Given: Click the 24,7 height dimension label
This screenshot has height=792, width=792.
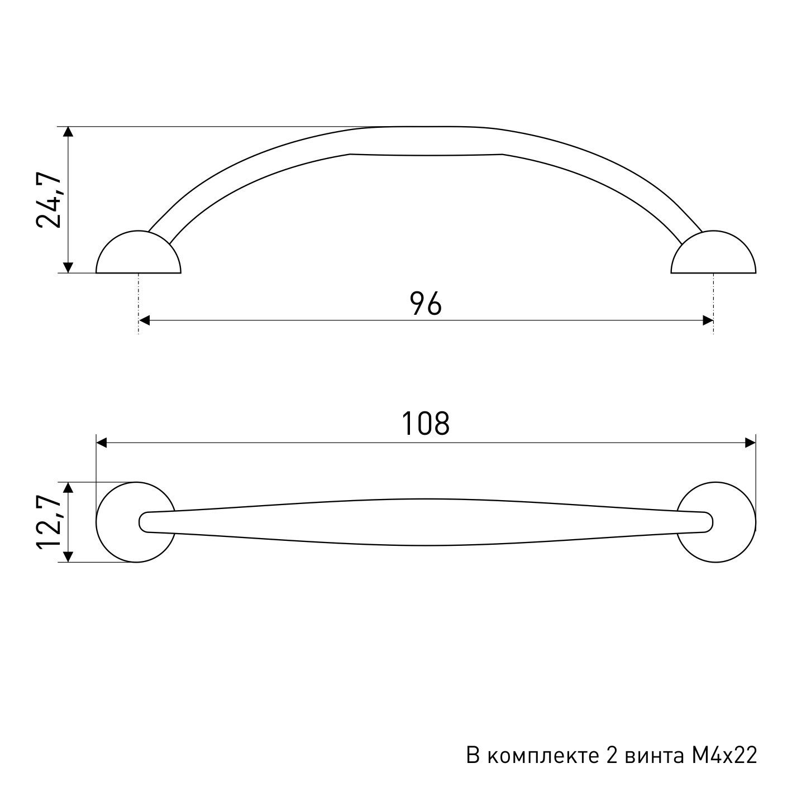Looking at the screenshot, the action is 49,200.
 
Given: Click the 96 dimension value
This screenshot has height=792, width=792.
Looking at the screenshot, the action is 426,304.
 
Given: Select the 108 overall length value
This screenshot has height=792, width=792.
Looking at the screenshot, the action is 426,423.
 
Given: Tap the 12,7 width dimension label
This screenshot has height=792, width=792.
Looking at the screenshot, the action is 49,522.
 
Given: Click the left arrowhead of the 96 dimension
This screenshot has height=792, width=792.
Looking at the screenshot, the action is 145,320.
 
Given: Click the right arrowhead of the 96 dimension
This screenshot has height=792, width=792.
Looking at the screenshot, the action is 708,320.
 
